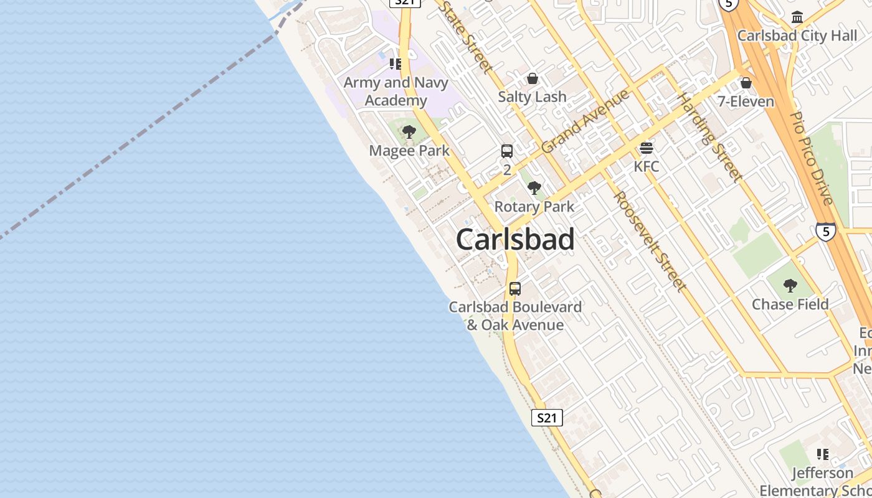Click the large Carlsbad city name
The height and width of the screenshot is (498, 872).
click(515, 240)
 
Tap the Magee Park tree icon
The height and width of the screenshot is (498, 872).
click(409, 132)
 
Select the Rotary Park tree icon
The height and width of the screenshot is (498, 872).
click(534, 188)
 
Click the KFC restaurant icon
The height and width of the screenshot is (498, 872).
click(647, 148)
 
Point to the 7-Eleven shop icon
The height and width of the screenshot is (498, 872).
click(746, 83)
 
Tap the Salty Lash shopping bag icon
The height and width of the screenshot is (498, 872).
click(532, 78)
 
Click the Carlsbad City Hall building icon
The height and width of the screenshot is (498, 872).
click(797, 17)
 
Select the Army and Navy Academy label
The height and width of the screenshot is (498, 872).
click(396, 92)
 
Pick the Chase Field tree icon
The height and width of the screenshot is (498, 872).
click(790, 286)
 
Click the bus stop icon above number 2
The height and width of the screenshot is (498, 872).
click(507, 151)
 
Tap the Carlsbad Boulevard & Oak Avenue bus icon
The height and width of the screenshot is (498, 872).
click(515, 289)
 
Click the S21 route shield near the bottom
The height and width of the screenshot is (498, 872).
click(547, 418)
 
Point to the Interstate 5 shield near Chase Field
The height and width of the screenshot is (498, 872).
click(825, 232)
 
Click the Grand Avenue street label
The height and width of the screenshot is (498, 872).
click(585, 121)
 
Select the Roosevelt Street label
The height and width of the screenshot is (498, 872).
click(649, 241)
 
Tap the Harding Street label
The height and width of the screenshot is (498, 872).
click(709, 137)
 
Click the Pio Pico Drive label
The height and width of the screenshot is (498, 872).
click(811, 158)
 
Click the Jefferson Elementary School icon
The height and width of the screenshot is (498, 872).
click(822, 454)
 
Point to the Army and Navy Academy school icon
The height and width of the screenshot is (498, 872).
click(395, 63)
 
